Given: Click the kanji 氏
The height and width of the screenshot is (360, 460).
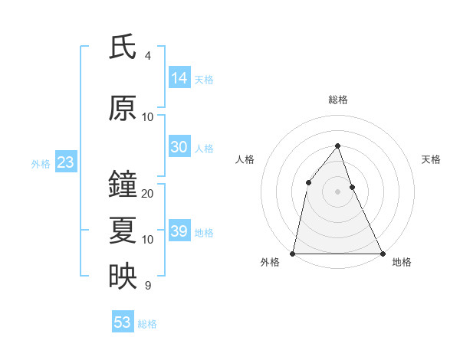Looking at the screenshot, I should point(123,47).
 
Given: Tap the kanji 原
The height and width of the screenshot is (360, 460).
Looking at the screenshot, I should point(123,109).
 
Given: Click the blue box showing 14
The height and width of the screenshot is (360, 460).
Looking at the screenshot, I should point(179,78).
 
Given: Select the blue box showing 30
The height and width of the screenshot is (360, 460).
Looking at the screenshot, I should point(179,147).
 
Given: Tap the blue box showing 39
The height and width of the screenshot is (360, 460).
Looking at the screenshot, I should point(179,231).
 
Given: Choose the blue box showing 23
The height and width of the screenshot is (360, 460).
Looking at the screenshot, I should point(65,162).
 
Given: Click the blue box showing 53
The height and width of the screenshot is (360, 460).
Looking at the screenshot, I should point(123,322).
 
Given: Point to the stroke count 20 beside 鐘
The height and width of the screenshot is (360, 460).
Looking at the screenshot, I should point(148,194).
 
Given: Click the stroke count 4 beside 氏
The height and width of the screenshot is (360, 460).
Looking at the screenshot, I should point(148,56).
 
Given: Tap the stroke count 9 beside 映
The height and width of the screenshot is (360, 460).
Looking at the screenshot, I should point(148,286).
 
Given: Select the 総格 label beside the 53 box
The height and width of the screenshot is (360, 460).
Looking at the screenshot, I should point(147,324).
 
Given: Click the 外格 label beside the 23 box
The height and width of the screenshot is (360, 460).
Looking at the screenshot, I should point(41,164).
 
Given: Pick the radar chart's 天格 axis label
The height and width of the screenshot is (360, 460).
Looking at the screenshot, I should point(431,159).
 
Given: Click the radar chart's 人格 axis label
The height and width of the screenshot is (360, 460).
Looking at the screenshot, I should point(245,159).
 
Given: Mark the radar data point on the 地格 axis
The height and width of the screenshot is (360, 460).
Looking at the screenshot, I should point(382,253).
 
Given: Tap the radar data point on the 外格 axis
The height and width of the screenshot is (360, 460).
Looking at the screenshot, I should point(293,253).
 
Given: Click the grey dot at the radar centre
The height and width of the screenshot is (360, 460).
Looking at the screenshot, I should point(337,191).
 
